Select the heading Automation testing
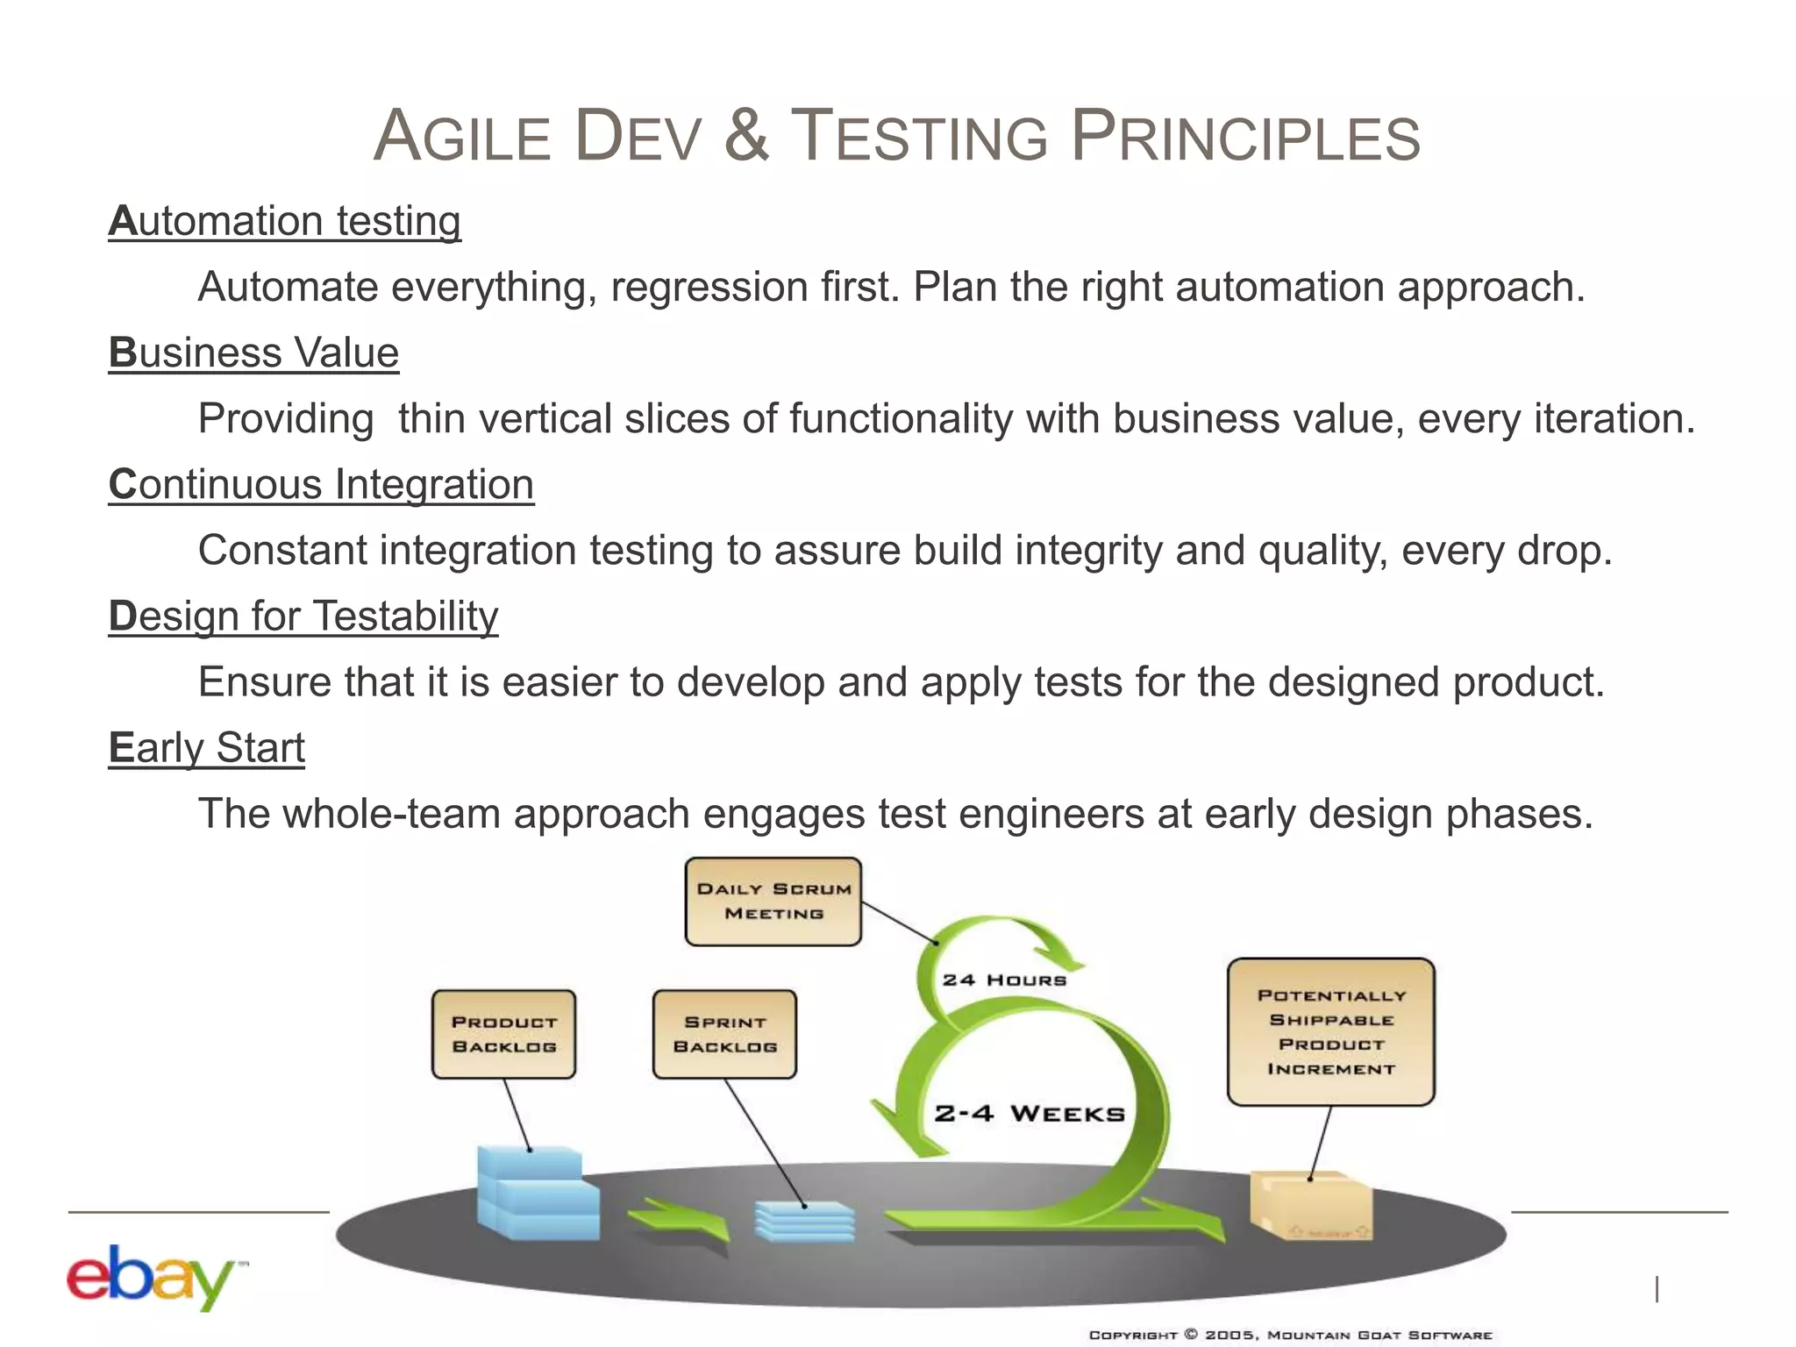[284, 221]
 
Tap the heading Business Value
[253, 353]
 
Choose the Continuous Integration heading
[321, 484]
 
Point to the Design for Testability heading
[303, 616]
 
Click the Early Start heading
[207, 748]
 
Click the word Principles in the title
[1245, 137]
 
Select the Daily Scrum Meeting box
[773, 902]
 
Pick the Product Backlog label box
[503, 1034]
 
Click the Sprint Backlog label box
[724, 1034]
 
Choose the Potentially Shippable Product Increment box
[1330, 1031]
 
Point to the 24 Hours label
[1004, 980]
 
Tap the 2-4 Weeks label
[1029, 1114]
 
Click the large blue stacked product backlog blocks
[536, 1194]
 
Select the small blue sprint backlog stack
[804, 1221]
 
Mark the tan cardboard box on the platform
[1310, 1206]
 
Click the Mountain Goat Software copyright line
[1290, 1335]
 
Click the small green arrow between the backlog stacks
[678, 1218]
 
